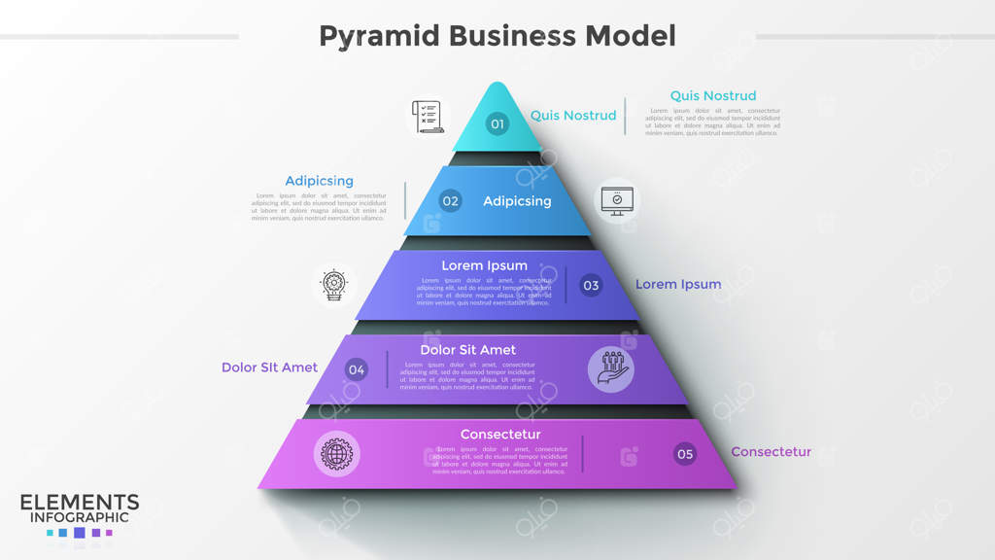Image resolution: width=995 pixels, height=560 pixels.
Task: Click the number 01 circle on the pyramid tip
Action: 497,123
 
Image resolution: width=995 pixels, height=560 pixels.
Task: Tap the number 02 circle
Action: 450,201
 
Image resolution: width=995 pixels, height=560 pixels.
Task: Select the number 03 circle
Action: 591,285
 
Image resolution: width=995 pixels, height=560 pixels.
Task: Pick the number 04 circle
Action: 357,368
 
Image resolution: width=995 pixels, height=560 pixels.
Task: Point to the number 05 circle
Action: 685,453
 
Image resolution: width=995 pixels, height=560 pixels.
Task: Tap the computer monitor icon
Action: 617,200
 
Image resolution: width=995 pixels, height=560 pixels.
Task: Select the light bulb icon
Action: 333,284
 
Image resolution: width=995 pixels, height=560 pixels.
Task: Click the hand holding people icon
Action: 610,368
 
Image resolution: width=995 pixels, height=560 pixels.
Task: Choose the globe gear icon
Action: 337,453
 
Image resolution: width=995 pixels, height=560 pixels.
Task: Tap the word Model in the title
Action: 630,36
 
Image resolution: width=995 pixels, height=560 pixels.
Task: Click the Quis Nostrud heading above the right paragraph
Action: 712,95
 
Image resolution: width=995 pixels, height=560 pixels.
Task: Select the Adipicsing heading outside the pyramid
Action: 319,181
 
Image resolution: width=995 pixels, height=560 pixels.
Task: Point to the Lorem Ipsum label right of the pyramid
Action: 678,285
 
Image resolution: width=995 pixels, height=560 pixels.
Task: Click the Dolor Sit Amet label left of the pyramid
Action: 269,367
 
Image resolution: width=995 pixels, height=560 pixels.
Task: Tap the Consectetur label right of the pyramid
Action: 771,452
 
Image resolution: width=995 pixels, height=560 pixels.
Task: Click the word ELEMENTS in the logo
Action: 80,503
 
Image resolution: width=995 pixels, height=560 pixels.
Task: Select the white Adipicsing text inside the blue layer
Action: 517,201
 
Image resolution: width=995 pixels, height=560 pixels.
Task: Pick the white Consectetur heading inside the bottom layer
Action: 500,434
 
